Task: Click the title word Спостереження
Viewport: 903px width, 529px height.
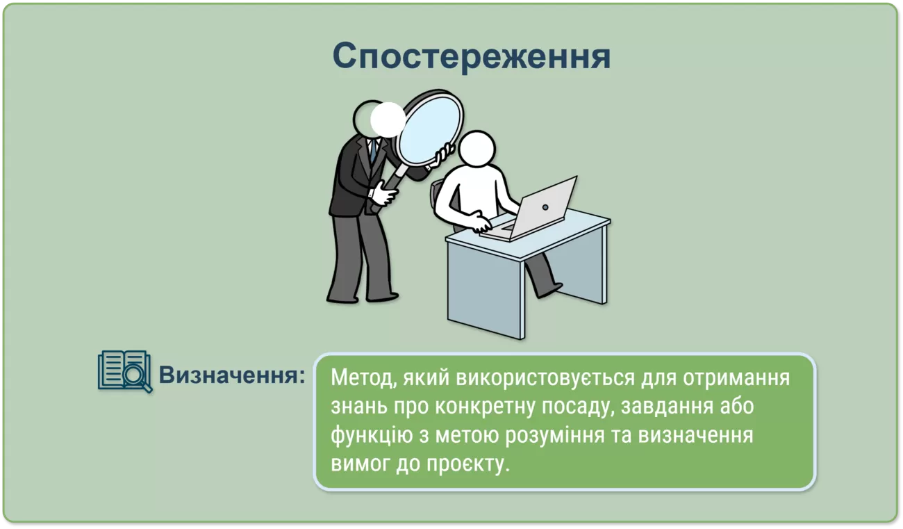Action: coord(471,56)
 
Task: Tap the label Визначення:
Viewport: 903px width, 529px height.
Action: coord(232,375)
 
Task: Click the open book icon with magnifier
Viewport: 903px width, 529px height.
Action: coord(125,371)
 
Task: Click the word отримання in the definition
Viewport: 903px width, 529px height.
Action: coord(736,378)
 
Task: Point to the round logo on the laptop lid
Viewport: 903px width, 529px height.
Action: coord(545,207)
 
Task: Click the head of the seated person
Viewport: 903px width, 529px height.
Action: coord(477,149)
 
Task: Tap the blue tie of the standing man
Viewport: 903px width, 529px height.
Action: coord(373,151)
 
